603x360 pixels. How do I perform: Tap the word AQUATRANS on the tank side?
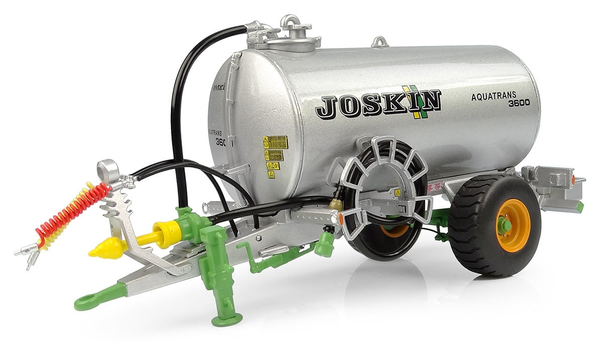tap(495, 96)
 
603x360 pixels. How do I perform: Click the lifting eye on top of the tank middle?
tap(379, 41)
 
